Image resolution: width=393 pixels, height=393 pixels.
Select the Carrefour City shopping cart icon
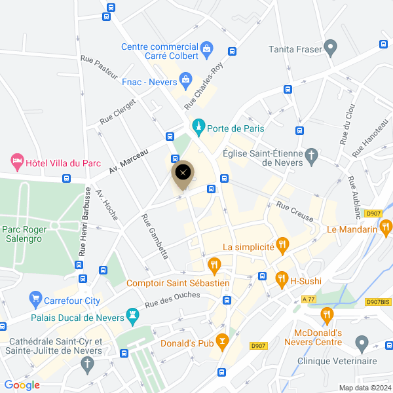(x=35, y=300)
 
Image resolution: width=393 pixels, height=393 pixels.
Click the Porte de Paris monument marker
(x=198, y=128)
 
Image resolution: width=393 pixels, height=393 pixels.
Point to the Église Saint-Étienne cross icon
(x=312, y=156)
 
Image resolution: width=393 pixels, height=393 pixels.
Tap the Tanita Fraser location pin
(x=330, y=48)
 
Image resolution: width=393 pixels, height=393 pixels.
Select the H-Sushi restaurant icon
(x=282, y=280)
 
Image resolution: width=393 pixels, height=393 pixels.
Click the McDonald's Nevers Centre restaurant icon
(x=326, y=317)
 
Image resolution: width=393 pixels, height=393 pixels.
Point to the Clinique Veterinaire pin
(x=361, y=343)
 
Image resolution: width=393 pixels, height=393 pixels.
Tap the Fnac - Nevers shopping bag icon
(x=185, y=81)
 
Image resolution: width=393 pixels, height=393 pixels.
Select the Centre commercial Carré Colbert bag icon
(x=207, y=48)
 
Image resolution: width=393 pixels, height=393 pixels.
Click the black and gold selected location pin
(x=183, y=174)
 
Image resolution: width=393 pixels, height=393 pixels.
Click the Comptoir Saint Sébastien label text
(x=178, y=283)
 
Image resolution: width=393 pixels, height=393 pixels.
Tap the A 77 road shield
(x=309, y=299)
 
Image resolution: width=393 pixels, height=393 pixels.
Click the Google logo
(x=22, y=385)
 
